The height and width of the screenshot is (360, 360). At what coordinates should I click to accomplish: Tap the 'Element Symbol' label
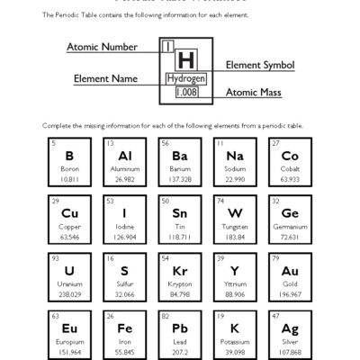[x=259, y=66]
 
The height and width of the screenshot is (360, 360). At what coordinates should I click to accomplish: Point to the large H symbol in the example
[x=186, y=60]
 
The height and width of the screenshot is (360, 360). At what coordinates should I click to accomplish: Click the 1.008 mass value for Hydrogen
[x=186, y=93]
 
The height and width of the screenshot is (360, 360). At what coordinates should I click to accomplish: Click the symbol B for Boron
[x=69, y=156]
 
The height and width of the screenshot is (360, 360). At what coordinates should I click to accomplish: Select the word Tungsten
[x=235, y=227]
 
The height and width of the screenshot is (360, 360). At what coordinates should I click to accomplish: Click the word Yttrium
[x=235, y=283]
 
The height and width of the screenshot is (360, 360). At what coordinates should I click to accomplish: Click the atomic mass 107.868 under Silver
[x=290, y=351]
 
